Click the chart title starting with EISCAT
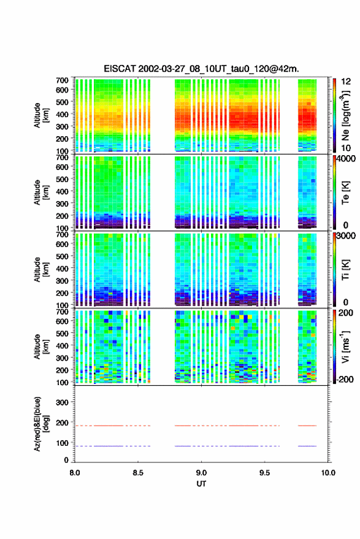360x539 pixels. (x=201, y=69)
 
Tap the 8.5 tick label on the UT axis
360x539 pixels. (x=138, y=473)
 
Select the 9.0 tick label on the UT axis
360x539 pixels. (x=201, y=473)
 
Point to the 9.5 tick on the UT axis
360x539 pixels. (x=264, y=473)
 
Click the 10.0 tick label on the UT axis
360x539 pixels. (x=328, y=473)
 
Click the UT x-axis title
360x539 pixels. (x=201, y=484)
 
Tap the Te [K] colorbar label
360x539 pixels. (x=345, y=193)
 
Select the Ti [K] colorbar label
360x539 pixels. (x=345, y=270)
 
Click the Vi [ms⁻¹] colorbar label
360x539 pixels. (x=345, y=346)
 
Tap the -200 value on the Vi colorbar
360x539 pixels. (x=345, y=379)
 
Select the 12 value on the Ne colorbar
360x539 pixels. (x=347, y=82)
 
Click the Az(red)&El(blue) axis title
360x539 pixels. (x=41, y=424)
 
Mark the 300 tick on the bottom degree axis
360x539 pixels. (x=62, y=402)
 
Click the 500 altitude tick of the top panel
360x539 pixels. (x=62, y=102)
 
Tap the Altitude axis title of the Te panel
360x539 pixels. (x=41, y=192)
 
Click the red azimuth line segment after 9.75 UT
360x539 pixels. (x=307, y=426)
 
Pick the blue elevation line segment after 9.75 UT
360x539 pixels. (x=307, y=446)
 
